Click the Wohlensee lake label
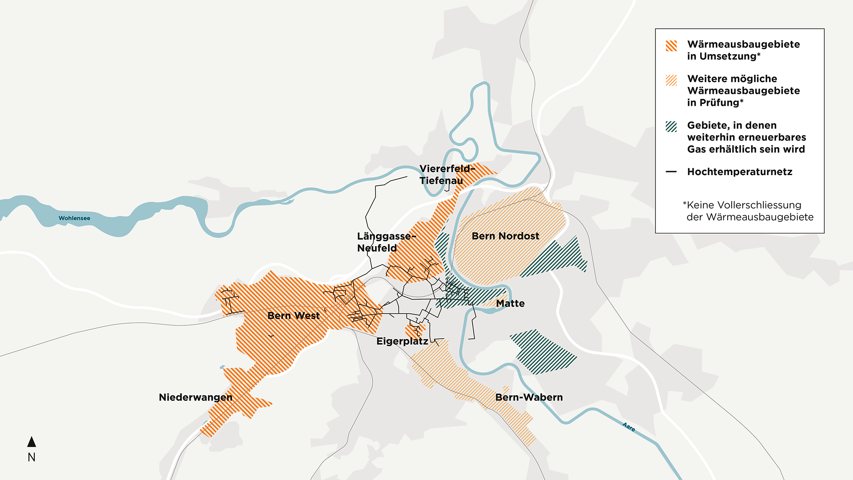tap(74, 218)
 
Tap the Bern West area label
tap(293, 316)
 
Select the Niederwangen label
tap(195, 397)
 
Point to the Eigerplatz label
tap(402, 341)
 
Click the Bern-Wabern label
tap(529, 397)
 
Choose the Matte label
tap(510, 304)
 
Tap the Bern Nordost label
tap(505, 236)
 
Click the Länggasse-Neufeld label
tap(385, 242)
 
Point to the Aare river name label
tap(629, 427)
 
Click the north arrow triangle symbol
tap(32, 442)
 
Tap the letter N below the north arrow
tap(32, 457)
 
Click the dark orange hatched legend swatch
tap(671, 46)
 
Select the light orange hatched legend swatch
tap(671, 80)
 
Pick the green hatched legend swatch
tap(671, 127)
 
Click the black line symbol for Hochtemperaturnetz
tap(671, 172)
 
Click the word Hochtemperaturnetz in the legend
tap(739, 172)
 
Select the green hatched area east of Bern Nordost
tap(555, 258)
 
